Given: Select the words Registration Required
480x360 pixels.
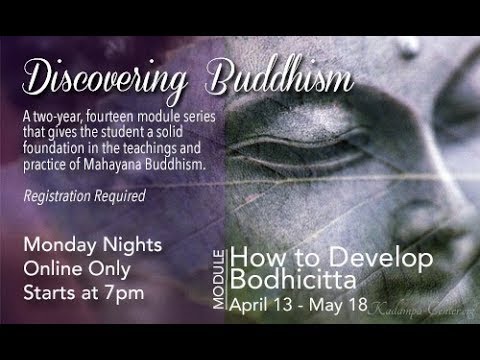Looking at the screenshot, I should pos(99,198).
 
